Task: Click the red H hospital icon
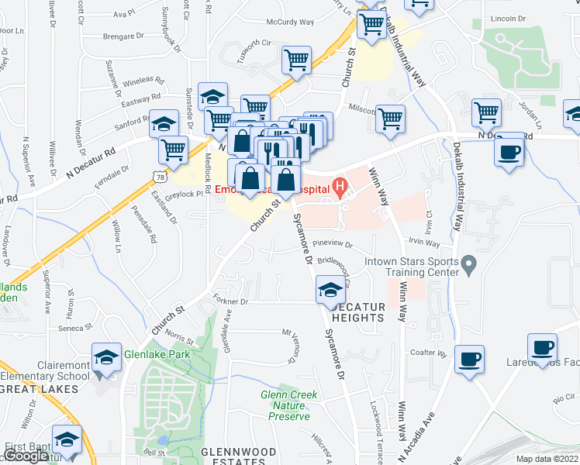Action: coord(339,187)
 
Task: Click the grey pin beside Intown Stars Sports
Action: coord(468,266)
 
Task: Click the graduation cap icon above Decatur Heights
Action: coord(330,291)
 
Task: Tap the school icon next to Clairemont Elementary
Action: coord(106,357)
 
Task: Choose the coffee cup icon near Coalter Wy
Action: coord(469,360)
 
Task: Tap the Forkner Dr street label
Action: coord(232,301)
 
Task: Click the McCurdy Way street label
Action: coord(289,22)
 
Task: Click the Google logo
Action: coord(26,456)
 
